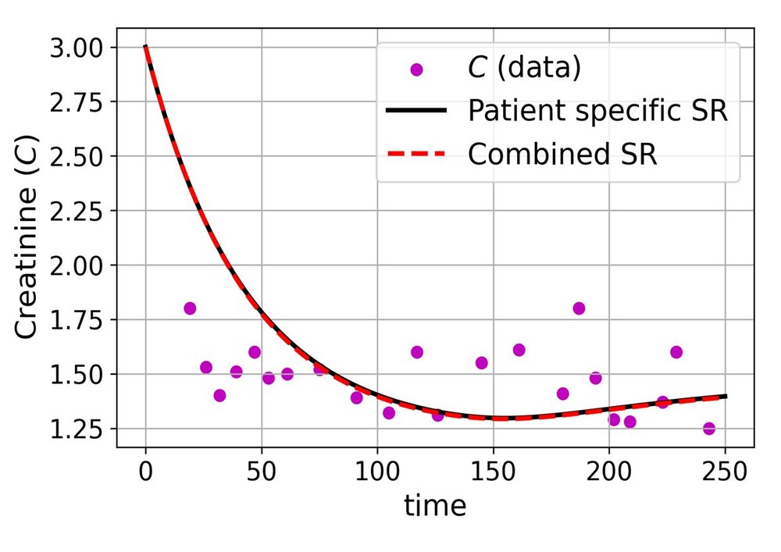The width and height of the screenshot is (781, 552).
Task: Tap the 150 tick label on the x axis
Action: pyautogui.click(x=493, y=472)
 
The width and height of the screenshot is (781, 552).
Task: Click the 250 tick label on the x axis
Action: pyautogui.click(x=726, y=472)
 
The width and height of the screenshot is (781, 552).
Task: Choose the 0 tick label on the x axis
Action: pyautogui.click(x=145, y=472)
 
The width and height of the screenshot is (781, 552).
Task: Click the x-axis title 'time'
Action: pyautogui.click(x=435, y=506)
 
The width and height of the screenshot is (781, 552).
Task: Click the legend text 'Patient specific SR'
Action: pyautogui.click(x=597, y=111)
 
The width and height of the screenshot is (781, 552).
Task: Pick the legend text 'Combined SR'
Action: pyautogui.click(x=562, y=154)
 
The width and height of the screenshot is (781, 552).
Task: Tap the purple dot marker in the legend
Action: pyautogui.click(x=415, y=69)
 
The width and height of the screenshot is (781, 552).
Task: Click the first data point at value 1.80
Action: pyautogui.click(x=190, y=308)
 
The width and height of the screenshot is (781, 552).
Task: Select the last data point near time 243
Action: pyautogui.click(x=709, y=429)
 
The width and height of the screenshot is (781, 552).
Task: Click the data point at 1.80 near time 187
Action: pyautogui.click(x=579, y=308)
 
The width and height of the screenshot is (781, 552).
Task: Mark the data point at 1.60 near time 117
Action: pyautogui.click(x=417, y=352)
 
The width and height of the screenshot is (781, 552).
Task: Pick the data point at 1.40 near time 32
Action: pyautogui.click(x=219, y=396)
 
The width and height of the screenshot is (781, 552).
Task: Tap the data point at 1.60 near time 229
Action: pyautogui.click(x=676, y=352)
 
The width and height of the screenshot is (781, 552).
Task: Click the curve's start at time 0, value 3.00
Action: pyautogui.click(x=146, y=48)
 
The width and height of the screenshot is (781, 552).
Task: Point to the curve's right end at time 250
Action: pyautogui.click(x=726, y=397)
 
